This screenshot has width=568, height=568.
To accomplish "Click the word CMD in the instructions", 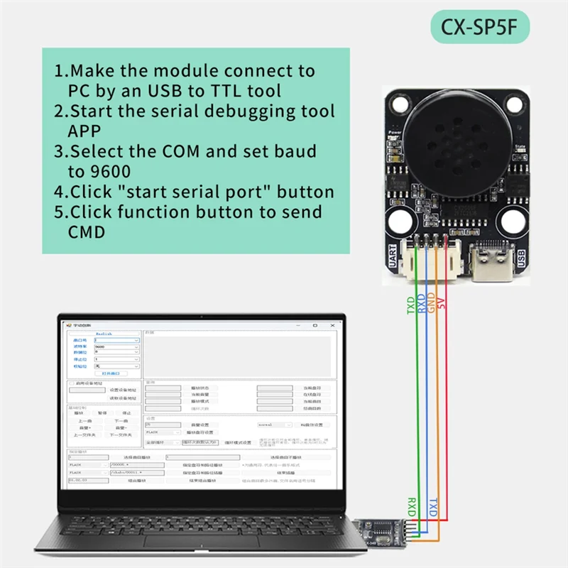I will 86,232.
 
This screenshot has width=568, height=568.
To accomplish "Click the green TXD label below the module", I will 410,305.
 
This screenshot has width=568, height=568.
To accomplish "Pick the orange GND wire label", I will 431,304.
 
